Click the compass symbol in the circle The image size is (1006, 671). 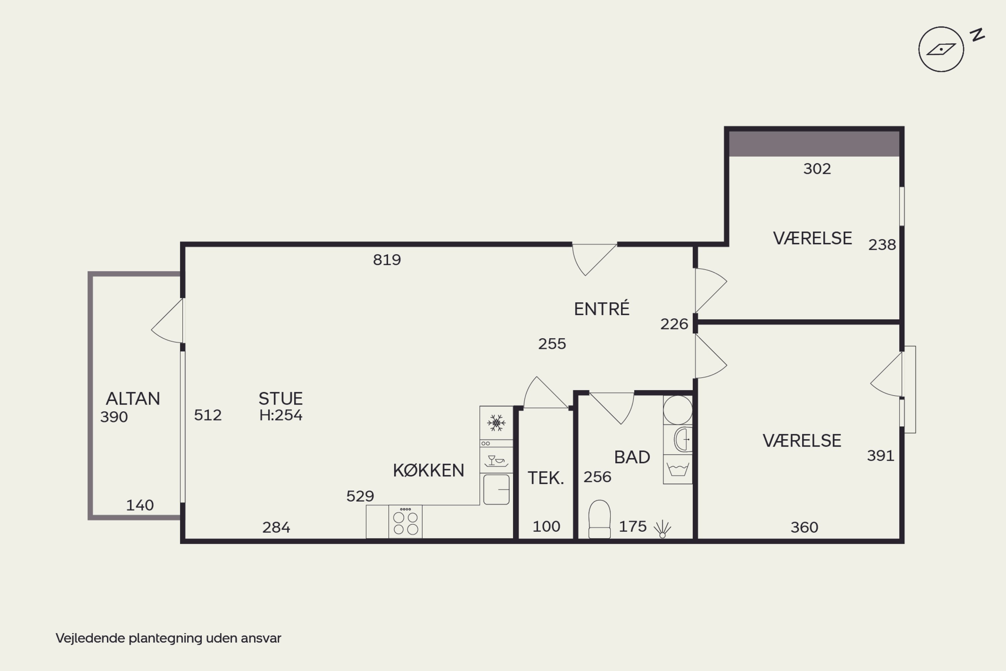(941, 49)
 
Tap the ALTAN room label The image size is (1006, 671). (133, 399)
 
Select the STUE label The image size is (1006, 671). (281, 399)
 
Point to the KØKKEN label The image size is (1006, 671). (429, 471)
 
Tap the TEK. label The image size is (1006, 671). (546, 478)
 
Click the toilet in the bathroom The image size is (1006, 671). (599, 519)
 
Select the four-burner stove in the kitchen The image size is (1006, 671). (405, 522)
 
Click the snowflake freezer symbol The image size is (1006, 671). (496, 423)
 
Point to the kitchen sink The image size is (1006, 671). (496, 489)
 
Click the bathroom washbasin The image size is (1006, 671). (683, 440)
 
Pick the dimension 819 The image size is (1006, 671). (387, 260)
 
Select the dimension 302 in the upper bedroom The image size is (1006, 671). (817, 169)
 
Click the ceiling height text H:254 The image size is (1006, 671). (281, 415)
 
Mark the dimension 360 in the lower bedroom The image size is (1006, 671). (804, 527)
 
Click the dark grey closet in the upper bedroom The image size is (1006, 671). (814, 144)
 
